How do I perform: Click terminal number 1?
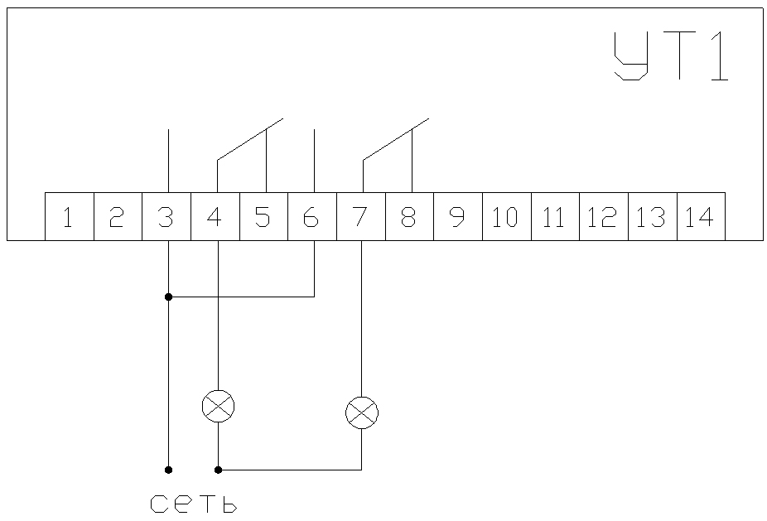click(69, 217)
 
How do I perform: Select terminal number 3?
click(166, 217)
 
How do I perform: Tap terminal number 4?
click(215, 217)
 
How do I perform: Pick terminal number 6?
click(312, 217)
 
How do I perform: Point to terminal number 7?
click(361, 217)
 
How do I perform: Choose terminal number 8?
click(409, 217)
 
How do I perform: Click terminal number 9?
click(458, 217)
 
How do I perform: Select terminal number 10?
click(506, 217)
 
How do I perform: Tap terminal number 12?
click(604, 217)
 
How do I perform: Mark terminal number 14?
click(701, 217)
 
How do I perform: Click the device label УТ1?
click(672, 56)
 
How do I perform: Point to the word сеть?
click(195, 503)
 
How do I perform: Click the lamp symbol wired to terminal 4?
click(219, 406)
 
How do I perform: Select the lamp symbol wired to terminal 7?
click(362, 412)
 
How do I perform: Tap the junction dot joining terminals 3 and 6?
click(168, 296)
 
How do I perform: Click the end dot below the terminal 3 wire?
click(168, 470)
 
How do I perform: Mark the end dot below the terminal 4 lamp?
click(219, 470)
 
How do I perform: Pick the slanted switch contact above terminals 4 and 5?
click(249, 138)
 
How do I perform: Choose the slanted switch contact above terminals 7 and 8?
click(395, 138)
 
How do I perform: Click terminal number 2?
click(118, 217)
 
